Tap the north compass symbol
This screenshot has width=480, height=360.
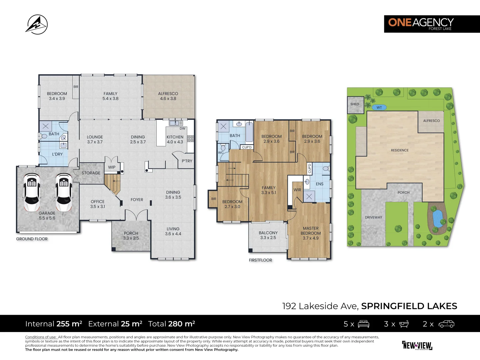coord(37,24)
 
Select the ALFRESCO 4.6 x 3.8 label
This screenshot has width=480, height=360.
coord(168,96)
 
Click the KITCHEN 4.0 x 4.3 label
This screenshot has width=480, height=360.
coord(175,139)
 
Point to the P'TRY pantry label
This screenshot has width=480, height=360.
coord(187,161)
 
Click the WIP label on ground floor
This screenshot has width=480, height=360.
coord(112,167)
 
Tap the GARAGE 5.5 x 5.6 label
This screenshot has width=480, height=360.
coord(47,216)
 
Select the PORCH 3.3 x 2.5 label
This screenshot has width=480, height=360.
coord(131,236)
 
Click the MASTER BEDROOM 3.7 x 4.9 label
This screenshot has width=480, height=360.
coord(311,233)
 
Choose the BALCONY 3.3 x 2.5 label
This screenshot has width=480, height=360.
coord(268,235)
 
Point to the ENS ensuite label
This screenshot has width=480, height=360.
coord(319,184)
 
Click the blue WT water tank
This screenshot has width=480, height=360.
coord(379,107)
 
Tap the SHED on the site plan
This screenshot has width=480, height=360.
coord(355,104)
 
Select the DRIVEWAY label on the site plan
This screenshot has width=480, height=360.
coord(373,217)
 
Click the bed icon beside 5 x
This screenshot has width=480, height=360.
coord(363,324)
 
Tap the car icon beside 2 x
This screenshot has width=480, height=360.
coord(446,324)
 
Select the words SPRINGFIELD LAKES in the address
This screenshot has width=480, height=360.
coord(409,306)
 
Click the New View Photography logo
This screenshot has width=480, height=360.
coord(417,345)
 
